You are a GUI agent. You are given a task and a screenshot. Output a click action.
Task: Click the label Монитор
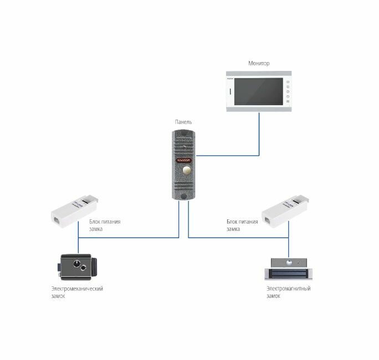(x=258, y=64)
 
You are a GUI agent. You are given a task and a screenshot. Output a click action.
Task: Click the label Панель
(x=183, y=122)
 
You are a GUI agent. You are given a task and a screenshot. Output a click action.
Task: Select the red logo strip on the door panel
(x=183, y=158)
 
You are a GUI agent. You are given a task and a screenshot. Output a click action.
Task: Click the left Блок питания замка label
(x=104, y=225)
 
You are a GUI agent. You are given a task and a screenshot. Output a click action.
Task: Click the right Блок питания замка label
(x=242, y=225)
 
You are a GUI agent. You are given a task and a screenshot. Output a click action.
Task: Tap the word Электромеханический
(x=76, y=289)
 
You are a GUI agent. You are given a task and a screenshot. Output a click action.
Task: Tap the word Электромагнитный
(x=288, y=289)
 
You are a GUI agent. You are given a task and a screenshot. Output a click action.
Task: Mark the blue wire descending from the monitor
(x=259, y=133)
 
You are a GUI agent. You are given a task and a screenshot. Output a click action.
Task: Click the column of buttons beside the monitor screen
(x=288, y=91)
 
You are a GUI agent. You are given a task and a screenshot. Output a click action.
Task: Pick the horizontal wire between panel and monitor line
(x=227, y=156)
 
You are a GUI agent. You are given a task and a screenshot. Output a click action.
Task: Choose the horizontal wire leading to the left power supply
(x=127, y=238)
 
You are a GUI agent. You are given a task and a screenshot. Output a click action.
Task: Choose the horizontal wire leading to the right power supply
(x=238, y=238)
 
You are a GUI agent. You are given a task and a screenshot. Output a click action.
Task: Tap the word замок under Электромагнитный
(x=273, y=296)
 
